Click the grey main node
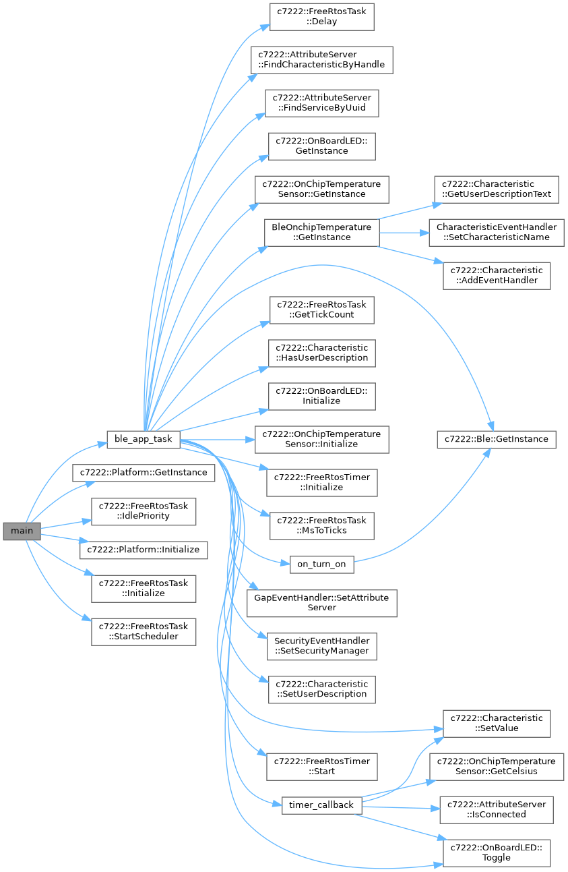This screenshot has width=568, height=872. [22, 531]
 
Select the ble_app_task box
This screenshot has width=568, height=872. [143, 439]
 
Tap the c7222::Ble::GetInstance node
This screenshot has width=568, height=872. [497, 439]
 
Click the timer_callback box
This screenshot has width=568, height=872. [321, 805]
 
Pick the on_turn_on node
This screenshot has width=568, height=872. [321, 564]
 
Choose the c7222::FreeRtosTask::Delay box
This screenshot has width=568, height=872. [321, 16]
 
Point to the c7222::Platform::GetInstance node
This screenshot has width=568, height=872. [144, 472]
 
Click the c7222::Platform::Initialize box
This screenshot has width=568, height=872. [144, 550]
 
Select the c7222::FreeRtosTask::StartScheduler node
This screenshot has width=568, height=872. [144, 631]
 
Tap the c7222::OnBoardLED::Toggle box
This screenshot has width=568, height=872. [497, 852]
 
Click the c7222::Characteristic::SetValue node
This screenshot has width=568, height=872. [497, 723]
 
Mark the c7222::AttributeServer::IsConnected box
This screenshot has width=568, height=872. [497, 809]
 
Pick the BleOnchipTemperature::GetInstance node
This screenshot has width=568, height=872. [321, 232]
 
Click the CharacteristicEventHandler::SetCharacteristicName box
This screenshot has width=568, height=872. [497, 232]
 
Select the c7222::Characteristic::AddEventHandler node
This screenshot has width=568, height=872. [497, 275]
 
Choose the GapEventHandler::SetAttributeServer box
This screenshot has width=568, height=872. [321, 602]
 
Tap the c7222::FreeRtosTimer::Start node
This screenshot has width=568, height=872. [321, 766]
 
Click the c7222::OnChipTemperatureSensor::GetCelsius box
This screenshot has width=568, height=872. [497, 766]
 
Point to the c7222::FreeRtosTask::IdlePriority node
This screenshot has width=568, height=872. [144, 511]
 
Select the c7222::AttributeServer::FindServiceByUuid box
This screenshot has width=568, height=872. [321, 103]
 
